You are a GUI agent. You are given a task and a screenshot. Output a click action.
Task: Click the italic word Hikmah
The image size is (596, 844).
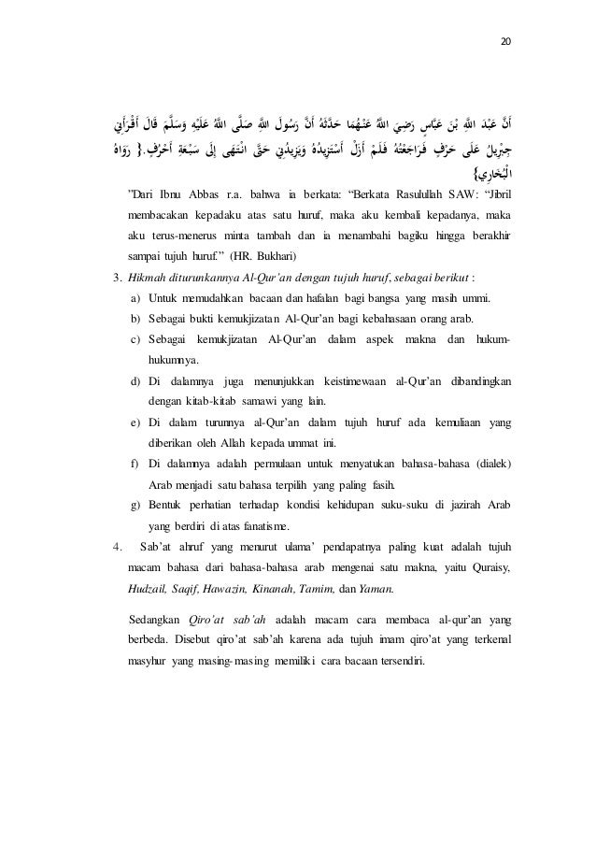(x=150, y=302)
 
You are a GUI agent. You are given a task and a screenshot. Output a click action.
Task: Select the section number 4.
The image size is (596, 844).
(x=115, y=548)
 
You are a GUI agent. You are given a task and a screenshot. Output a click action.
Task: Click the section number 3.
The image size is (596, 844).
(x=115, y=302)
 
